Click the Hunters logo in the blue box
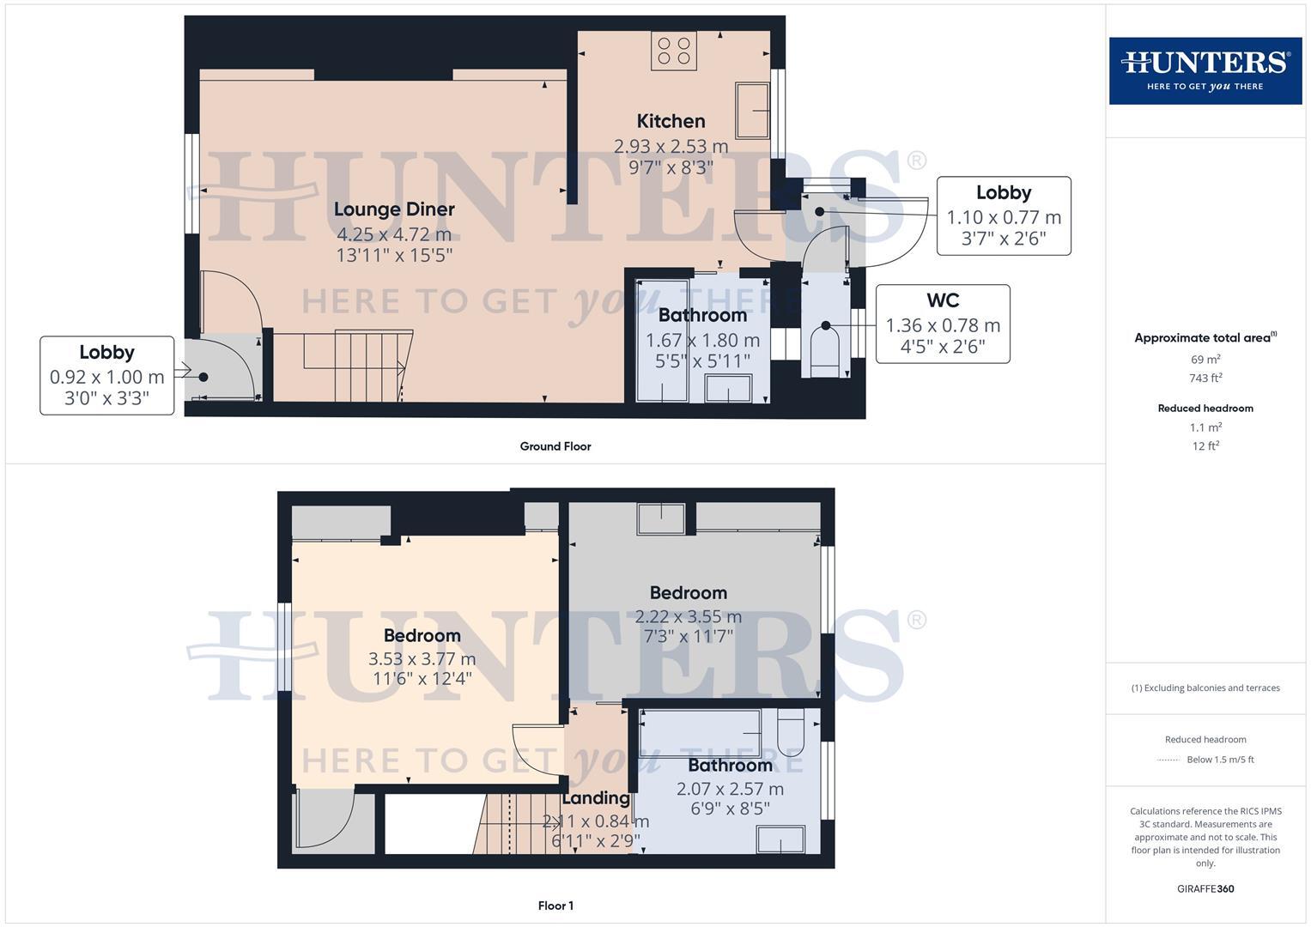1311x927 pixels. click(1205, 70)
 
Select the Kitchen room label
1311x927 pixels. click(671, 121)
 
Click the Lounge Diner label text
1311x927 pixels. click(394, 209)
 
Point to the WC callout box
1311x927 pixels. click(942, 324)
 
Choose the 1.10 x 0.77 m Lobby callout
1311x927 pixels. click(1003, 216)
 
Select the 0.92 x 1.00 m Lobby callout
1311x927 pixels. click(106, 376)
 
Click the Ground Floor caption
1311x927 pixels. click(555, 446)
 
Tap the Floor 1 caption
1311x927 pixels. click(555, 906)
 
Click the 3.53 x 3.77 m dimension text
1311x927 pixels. click(422, 659)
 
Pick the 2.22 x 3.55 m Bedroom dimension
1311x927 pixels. click(688, 616)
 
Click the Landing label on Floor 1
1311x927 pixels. click(596, 797)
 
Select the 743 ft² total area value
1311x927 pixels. click(1205, 378)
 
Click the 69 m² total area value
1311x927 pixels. click(1205, 359)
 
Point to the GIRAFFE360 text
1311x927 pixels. click(1205, 888)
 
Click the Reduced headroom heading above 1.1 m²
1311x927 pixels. click(1205, 408)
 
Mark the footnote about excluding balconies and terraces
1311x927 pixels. click(1205, 688)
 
